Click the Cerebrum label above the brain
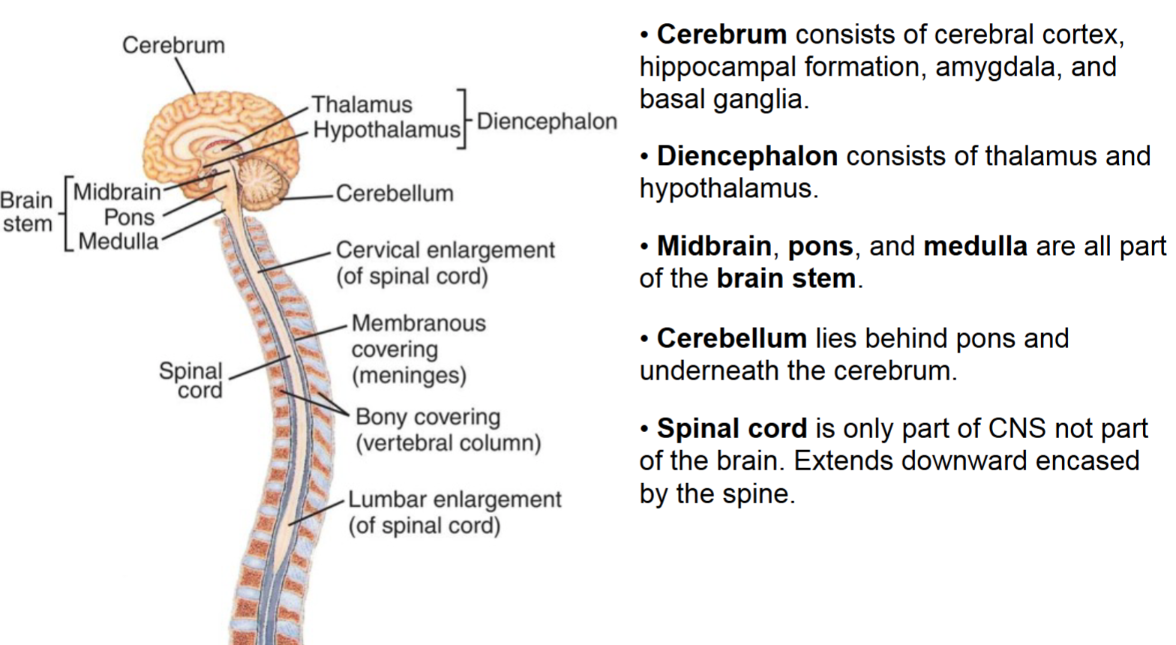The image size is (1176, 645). (173, 45)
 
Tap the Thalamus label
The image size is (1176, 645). (362, 104)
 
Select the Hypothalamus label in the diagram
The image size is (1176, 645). (386, 130)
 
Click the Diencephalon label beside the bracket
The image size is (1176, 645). (547, 121)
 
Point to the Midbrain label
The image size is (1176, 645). (117, 192)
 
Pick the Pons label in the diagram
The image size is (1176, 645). (129, 217)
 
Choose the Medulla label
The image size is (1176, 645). (118, 241)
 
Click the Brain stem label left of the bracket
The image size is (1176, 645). (27, 211)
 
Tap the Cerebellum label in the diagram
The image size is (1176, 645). (394, 193)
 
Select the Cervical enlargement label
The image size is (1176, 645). (445, 250)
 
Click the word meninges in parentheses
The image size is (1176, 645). (409, 375)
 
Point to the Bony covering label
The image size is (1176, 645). (427, 417)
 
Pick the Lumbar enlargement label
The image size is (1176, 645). (454, 499)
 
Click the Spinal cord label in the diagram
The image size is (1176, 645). (191, 379)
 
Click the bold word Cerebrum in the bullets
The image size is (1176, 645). (721, 34)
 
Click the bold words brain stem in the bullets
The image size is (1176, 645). (786, 278)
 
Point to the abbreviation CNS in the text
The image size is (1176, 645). (1017, 428)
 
